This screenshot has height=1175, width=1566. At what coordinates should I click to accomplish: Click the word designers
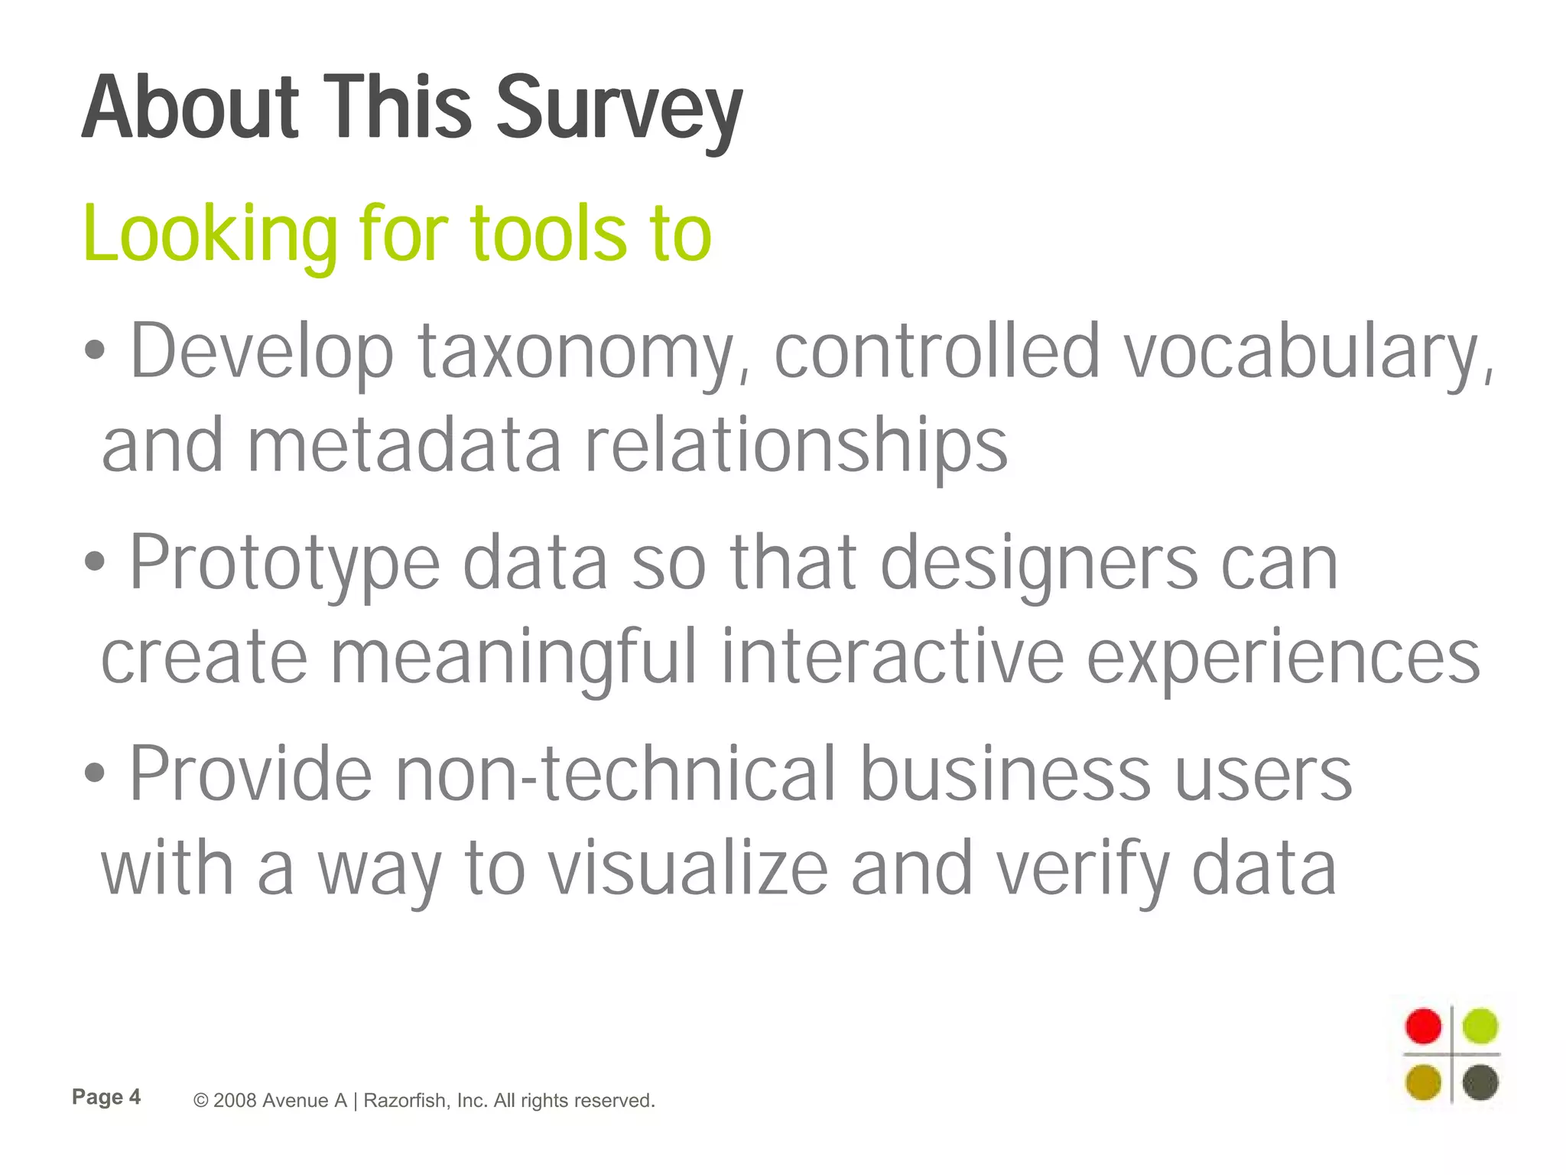(x=1039, y=564)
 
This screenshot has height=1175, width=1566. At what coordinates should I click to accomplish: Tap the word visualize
(x=688, y=869)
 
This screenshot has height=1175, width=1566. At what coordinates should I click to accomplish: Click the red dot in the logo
(x=1423, y=1026)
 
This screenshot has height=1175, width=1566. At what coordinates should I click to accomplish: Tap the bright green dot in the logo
(x=1480, y=1026)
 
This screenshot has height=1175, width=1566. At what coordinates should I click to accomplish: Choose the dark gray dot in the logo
(x=1480, y=1082)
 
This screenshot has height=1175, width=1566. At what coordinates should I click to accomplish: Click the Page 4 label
(x=106, y=1097)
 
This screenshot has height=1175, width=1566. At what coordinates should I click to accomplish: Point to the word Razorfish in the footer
(x=405, y=1101)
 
